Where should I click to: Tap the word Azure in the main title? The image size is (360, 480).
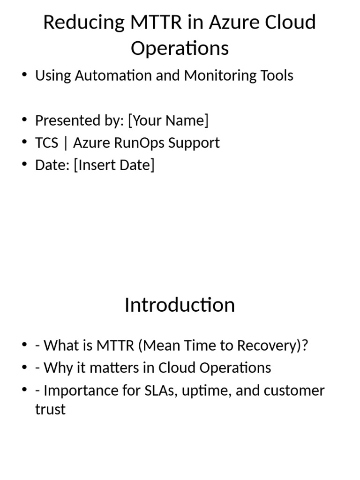(219, 22)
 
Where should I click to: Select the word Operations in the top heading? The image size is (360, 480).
(180, 48)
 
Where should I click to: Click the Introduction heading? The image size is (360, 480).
(180, 305)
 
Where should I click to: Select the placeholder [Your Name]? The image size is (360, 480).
(168, 120)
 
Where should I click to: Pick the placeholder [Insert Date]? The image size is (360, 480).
(114, 165)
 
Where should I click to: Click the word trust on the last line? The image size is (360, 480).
(50, 409)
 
